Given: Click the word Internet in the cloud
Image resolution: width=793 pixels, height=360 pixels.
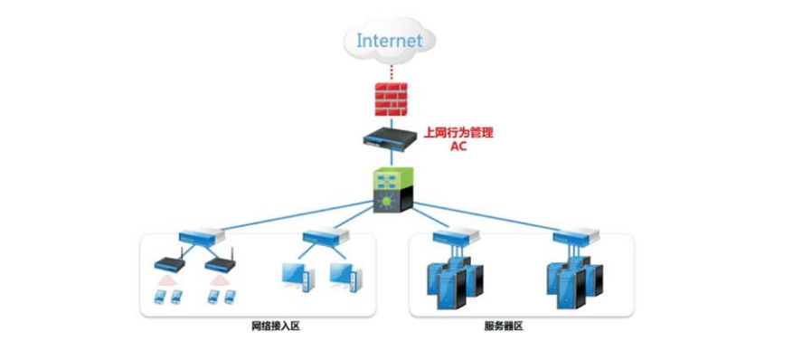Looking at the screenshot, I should click(x=389, y=40).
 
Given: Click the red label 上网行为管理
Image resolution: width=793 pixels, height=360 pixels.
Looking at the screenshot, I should click(x=458, y=133).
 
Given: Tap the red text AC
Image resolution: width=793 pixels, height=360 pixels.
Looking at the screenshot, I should click(x=458, y=147).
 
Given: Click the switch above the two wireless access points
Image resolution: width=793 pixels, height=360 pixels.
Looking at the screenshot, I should click(x=201, y=237).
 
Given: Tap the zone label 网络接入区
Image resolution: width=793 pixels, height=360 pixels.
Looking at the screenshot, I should click(x=275, y=326).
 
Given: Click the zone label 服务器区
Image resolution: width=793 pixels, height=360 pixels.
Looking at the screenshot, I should click(x=504, y=326).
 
